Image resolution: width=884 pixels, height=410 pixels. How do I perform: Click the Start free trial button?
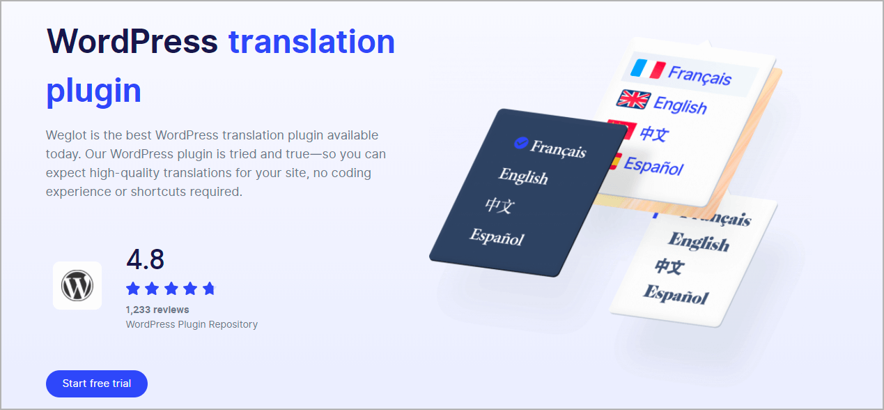[97, 384]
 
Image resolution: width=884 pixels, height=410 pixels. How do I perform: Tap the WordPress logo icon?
[77, 286]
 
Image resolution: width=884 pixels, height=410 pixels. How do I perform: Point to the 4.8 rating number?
[145, 259]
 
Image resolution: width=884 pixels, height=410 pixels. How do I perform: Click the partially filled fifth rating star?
[209, 289]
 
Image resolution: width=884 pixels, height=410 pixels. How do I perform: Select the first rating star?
[133, 289]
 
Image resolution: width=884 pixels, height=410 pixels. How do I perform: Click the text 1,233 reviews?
[157, 310]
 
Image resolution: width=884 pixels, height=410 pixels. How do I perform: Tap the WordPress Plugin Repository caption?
[192, 324]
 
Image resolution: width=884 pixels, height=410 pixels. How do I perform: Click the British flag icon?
[633, 99]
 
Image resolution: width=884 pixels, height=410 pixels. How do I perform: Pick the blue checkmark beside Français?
[521, 142]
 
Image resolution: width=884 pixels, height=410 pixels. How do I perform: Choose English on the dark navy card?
[523, 176]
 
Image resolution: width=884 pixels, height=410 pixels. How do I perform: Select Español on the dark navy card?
[497, 237]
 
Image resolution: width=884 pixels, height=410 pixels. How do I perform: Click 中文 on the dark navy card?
[500, 206]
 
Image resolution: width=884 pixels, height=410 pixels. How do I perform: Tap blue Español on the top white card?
[653, 166]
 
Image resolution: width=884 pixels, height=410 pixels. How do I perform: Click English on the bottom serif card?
[699, 242]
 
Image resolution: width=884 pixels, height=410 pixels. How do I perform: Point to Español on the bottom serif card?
[676, 295]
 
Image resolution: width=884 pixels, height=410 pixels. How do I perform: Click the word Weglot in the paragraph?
[66, 135]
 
